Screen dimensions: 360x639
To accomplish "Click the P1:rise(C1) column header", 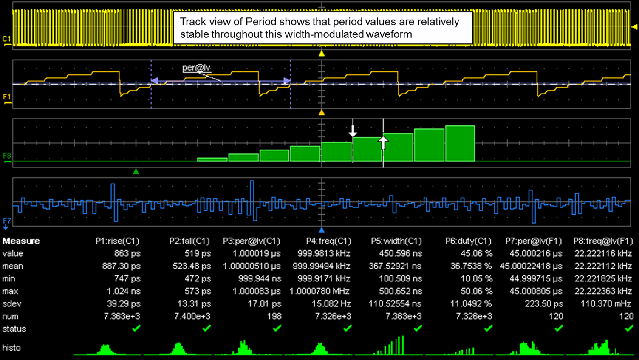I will [117, 241].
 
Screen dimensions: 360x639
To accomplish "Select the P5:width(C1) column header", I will [396, 241].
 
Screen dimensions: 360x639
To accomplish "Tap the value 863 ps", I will [127, 254].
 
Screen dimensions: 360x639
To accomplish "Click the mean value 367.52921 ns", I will [395, 266].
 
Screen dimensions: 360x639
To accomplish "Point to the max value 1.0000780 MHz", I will [319, 291].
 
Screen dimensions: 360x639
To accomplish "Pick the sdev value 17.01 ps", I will [264, 304].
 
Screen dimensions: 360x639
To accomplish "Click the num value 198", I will [274, 316].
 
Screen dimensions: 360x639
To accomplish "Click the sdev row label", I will [11, 304].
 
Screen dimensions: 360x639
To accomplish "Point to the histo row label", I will [11, 348].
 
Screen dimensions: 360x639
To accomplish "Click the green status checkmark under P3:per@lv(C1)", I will [277, 328].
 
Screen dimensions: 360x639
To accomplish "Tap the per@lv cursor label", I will [196, 68].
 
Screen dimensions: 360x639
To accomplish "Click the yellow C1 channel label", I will [6, 39].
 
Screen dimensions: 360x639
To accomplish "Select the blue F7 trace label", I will [7, 221].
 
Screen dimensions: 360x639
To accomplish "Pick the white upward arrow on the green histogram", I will [383, 142].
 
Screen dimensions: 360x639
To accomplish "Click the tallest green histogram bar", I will [460, 143].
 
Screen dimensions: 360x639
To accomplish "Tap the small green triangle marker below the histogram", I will [136, 171].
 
